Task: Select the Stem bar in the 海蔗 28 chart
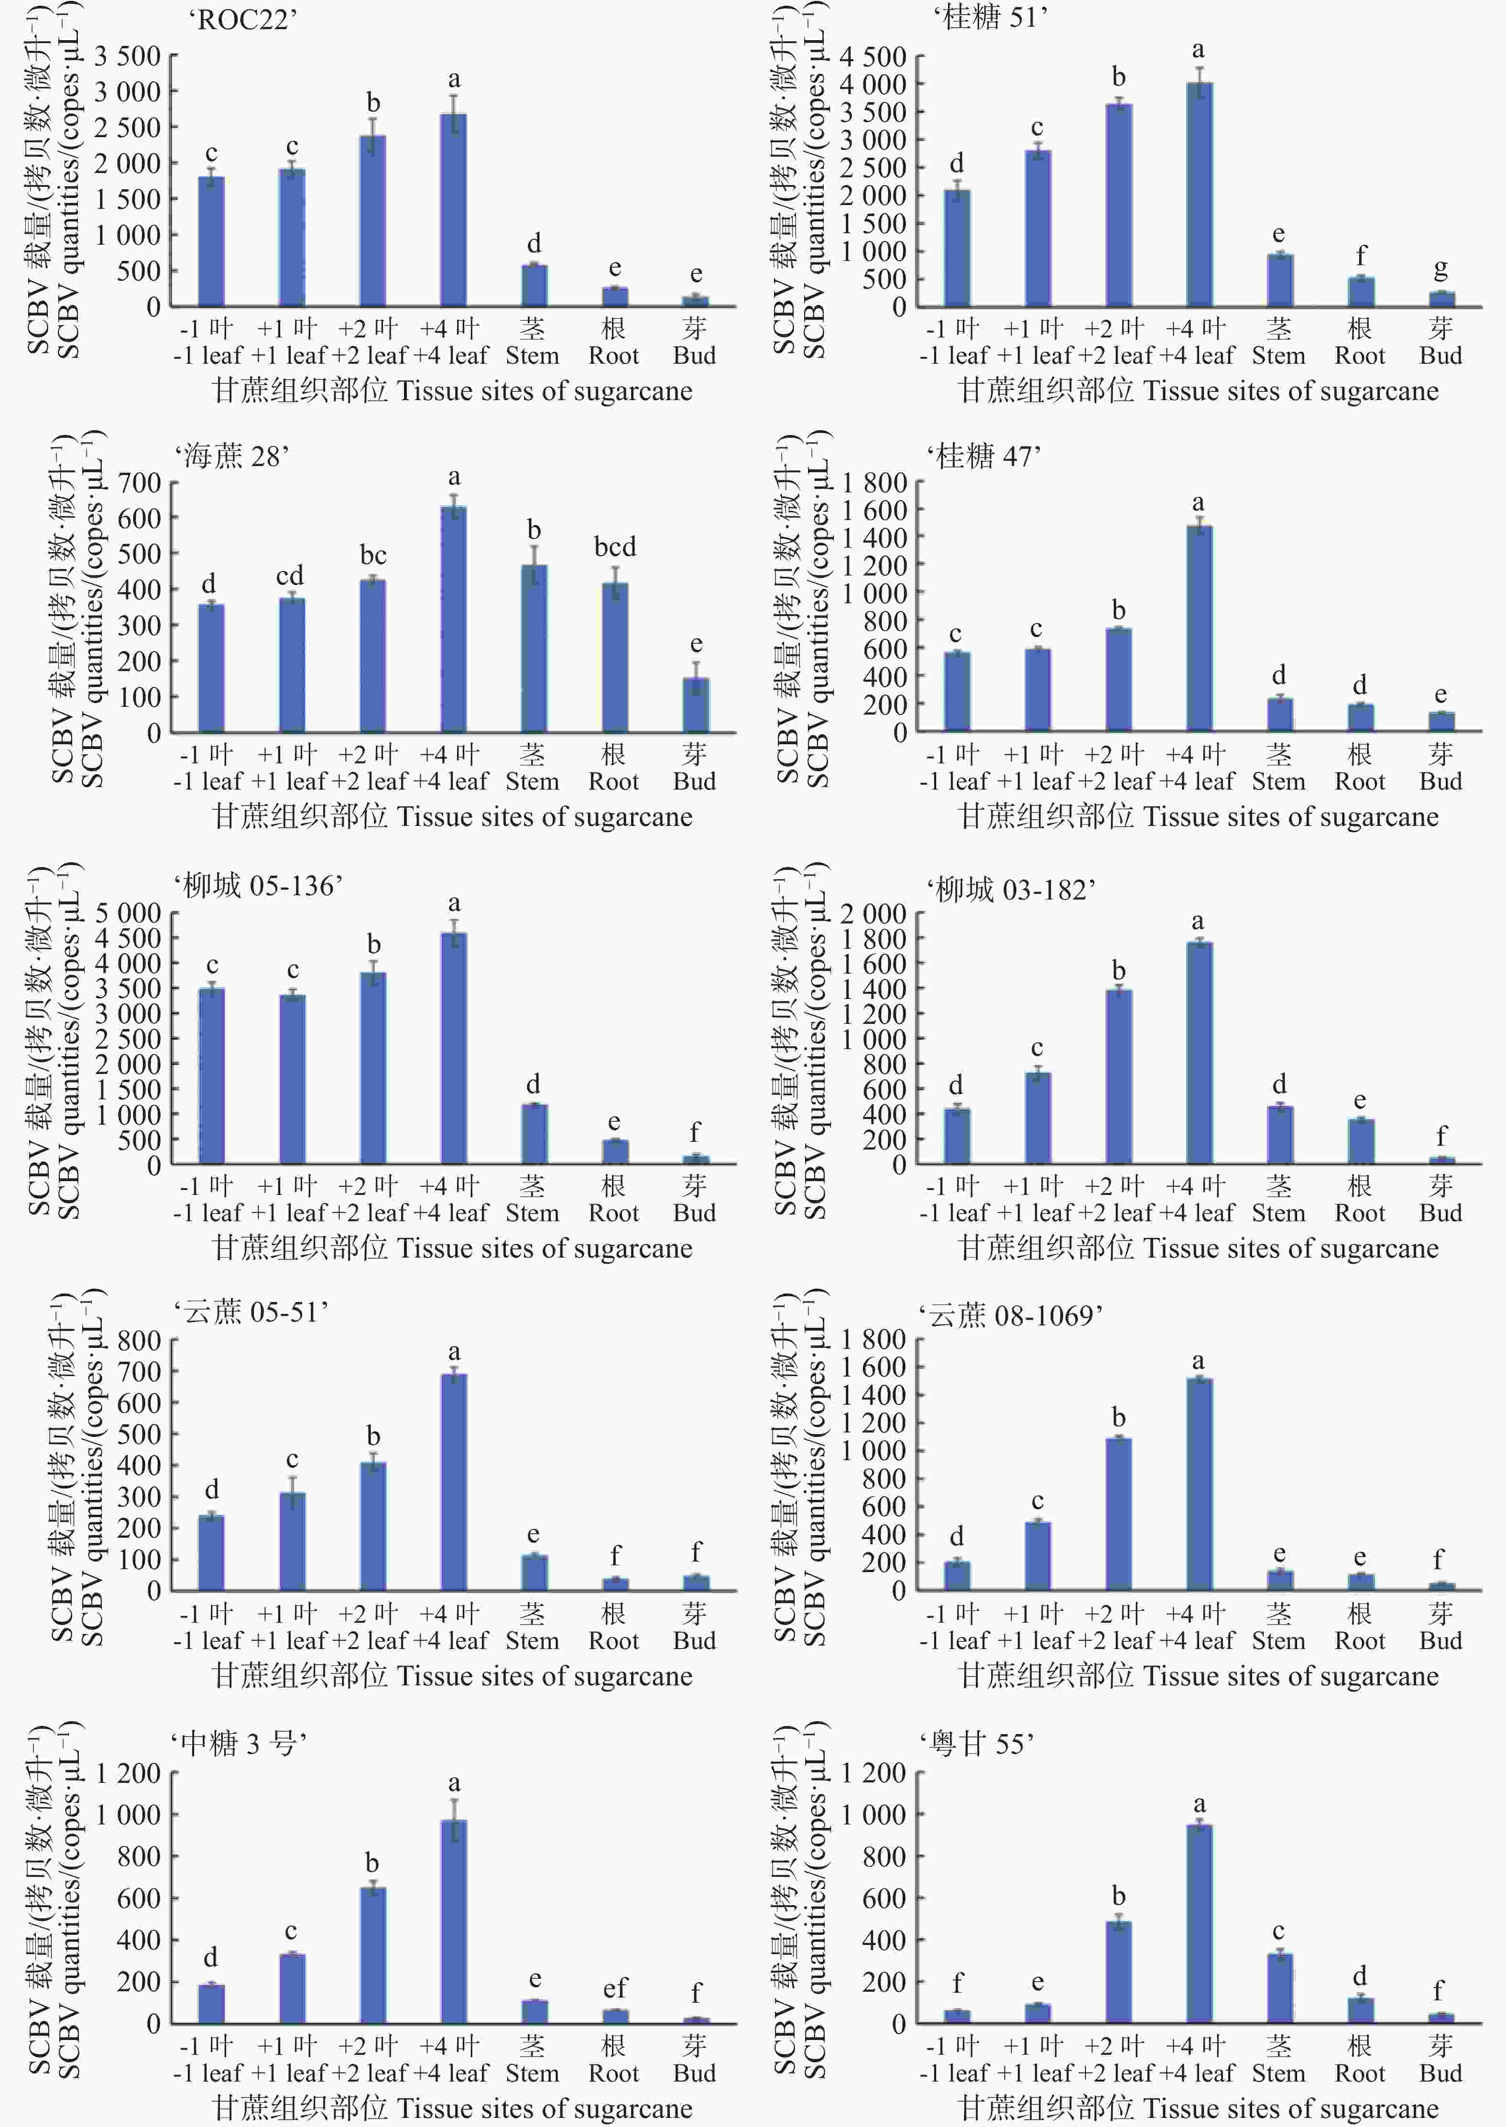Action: (534, 649)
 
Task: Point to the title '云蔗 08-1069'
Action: (1011, 1315)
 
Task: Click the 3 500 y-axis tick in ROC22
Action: (127, 55)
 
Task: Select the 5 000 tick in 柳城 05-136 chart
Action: (127, 913)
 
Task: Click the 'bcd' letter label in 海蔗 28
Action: (615, 547)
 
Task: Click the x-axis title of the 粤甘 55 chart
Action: (1198, 2107)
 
